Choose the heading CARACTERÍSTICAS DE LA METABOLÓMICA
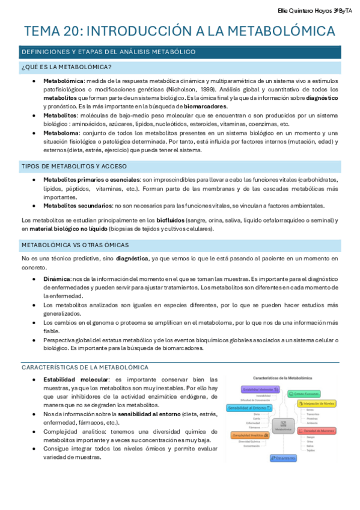click(85, 367)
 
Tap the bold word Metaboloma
click(61, 133)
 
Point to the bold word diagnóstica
click(133, 259)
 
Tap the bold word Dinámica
click(56, 279)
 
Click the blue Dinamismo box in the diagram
click(281, 458)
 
